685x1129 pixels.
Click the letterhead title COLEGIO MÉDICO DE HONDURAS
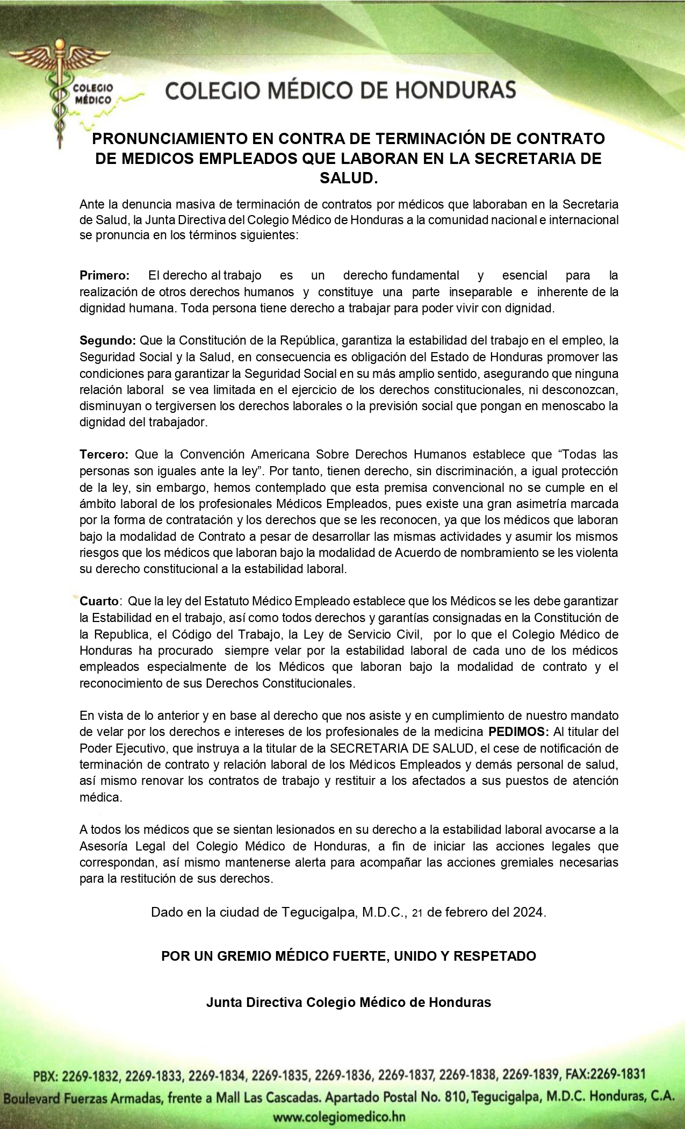pyautogui.click(x=341, y=90)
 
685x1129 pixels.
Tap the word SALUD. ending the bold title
pyautogui.click(x=349, y=178)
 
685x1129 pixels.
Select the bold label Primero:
pyautogui.click(x=105, y=276)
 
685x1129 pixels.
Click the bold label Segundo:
pyautogui.click(x=107, y=340)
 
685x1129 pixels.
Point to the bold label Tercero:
pyautogui.click(x=104, y=454)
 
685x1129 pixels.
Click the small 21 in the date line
pyautogui.click(x=417, y=913)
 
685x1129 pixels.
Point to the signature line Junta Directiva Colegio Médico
pyautogui.click(x=348, y=1002)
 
